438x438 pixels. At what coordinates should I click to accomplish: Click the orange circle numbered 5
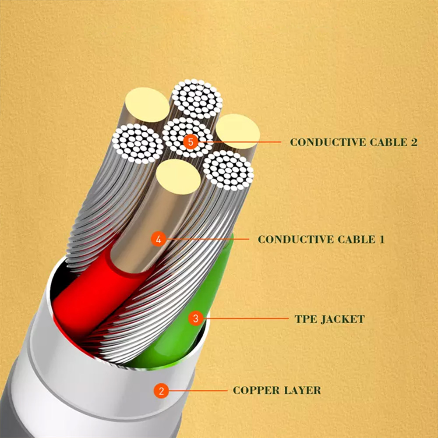tap(191, 142)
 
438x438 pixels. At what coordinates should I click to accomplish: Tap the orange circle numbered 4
tap(159, 240)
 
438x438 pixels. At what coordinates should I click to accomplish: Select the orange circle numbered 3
tap(195, 318)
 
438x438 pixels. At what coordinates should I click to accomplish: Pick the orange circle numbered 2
tap(161, 391)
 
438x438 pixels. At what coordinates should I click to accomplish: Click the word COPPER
tap(256, 390)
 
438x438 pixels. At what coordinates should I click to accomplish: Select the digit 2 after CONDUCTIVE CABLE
tap(414, 142)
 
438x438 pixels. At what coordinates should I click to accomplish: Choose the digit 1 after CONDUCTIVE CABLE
tap(381, 240)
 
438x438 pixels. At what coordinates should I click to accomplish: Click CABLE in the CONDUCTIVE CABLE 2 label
tap(388, 142)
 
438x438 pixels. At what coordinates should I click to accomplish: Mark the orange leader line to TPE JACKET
tap(246, 318)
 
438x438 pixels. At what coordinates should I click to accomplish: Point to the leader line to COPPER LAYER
tap(198, 391)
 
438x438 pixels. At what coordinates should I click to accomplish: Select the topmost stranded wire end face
tap(197, 99)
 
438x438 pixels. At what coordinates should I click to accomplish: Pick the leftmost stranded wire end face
tap(138, 144)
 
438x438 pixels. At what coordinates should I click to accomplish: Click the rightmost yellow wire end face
tap(238, 131)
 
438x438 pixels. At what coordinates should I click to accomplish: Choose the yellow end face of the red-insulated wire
tap(178, 177)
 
